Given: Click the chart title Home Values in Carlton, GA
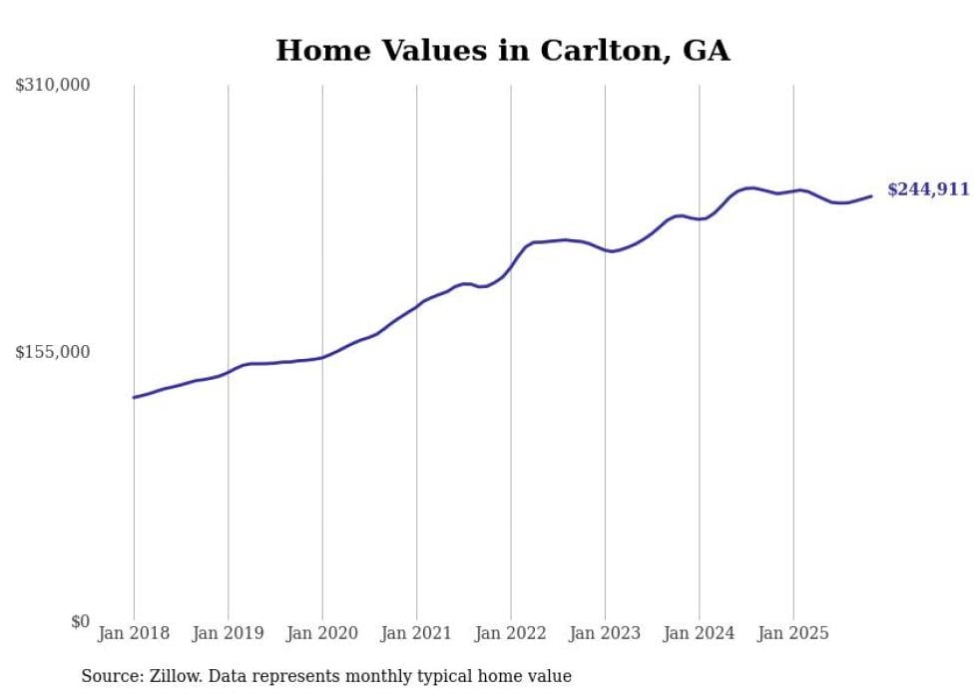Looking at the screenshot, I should click(502, 50).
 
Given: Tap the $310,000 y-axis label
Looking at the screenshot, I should click(52, 85).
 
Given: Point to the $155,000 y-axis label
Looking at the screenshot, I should click(52, 352).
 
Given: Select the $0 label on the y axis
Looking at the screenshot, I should click(80, 621).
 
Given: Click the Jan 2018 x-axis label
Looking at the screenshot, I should click(134, 633).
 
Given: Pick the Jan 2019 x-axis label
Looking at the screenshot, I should click(229, 633).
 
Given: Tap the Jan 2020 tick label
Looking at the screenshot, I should click(322, 633).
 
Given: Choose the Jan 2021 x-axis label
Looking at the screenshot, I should click(416, 633).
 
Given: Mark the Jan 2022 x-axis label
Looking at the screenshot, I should click(511, 633).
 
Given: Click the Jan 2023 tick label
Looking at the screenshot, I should click(605, 633).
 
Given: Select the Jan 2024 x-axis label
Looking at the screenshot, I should click(699, 633).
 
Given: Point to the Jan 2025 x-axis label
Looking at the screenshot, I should click(793, 633).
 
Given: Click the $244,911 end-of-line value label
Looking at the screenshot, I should click(928, 189).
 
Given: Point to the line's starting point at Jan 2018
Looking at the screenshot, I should click(134, 397).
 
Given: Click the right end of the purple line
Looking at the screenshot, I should click(871, 195).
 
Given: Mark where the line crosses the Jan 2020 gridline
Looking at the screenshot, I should click(322, 356).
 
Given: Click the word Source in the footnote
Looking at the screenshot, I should click(109, 676).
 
